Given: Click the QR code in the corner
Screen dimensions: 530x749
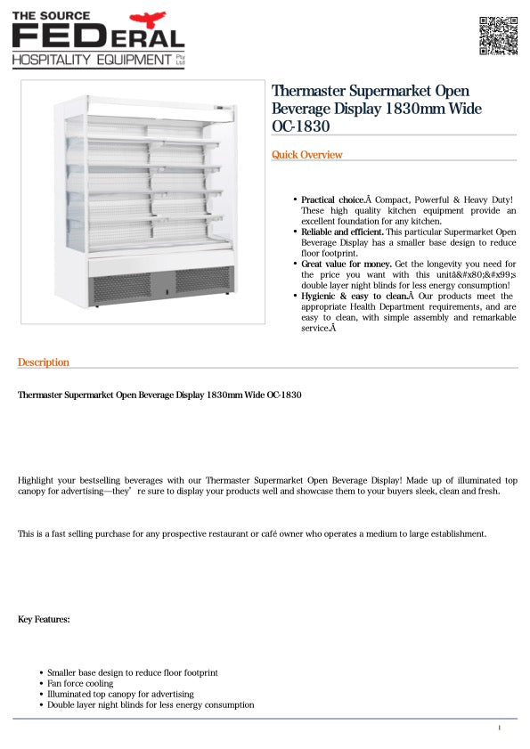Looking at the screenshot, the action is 498,36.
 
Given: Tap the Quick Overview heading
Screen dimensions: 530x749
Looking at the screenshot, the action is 306,155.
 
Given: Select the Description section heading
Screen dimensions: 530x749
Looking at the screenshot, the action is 44,362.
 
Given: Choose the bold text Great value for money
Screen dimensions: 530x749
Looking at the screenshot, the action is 346,264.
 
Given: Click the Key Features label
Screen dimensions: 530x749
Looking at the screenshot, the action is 44,619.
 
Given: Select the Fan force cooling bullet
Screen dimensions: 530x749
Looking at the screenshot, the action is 80,683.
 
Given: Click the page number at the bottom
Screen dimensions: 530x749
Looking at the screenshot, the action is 500,729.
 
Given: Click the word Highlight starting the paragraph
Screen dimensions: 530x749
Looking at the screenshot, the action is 37,480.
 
